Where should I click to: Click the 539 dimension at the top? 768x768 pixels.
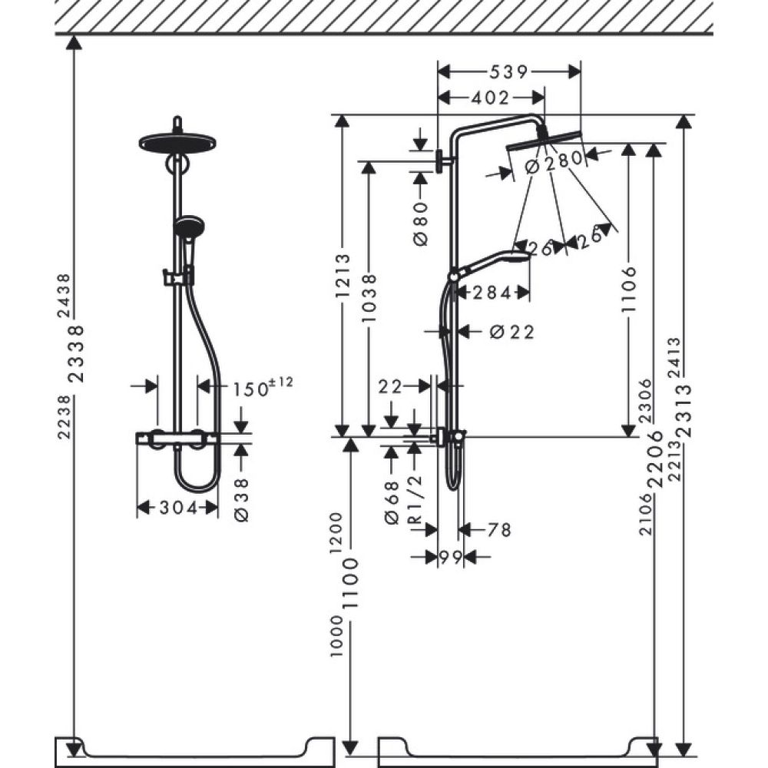click(x=508, y=72)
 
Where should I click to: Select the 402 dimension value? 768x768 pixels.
click(x=491, y=98)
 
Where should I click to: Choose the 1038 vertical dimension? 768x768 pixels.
click(x=370, y=298)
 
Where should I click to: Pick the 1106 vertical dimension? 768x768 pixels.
click(x=630, y=289)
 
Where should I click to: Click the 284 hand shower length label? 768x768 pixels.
click(x=492, y=293)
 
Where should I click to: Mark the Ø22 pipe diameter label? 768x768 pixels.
click(x=511, y=332)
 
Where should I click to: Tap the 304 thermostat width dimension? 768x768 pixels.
click(x=177, y=507)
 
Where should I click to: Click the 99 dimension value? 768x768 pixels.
click(x=451, y=557)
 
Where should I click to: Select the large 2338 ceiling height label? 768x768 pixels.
click(x=76, y=355)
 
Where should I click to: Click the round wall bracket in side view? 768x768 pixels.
click(x=440, y=161)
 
